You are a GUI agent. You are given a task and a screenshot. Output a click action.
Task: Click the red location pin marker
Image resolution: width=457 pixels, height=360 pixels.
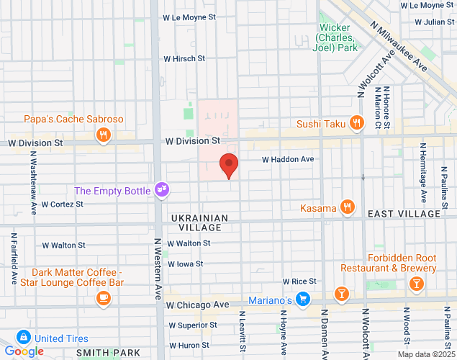229,165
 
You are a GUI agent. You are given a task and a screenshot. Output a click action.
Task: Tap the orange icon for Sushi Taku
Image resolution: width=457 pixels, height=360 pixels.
356,124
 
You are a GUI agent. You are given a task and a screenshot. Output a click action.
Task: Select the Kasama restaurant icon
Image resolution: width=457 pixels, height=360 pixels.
348,208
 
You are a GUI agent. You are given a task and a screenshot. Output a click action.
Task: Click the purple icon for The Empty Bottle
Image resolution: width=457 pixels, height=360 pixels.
163,190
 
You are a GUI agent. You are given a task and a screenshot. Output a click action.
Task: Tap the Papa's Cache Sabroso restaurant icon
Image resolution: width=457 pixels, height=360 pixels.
104,134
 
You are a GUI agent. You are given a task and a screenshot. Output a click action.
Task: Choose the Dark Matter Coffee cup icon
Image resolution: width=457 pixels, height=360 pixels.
104,297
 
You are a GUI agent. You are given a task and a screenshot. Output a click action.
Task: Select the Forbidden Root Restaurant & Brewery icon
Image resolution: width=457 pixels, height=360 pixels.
415,284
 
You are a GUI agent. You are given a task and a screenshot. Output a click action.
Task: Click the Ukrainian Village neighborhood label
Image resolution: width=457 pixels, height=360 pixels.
199,222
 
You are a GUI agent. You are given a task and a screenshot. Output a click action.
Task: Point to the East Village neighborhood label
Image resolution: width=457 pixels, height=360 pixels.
403,214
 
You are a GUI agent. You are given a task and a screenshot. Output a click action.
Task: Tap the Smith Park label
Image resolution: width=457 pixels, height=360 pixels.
109,354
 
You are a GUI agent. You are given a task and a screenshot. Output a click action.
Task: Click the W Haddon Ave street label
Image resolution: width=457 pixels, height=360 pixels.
288,159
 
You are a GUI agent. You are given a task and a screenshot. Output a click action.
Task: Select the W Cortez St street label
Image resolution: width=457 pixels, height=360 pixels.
63,204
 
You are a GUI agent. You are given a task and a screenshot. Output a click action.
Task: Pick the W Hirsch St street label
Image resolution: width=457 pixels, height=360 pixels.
184,58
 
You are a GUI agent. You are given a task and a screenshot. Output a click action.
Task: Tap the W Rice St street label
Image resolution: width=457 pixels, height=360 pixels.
299,281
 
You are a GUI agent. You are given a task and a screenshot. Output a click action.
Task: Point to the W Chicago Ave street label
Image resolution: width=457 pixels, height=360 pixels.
196,305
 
